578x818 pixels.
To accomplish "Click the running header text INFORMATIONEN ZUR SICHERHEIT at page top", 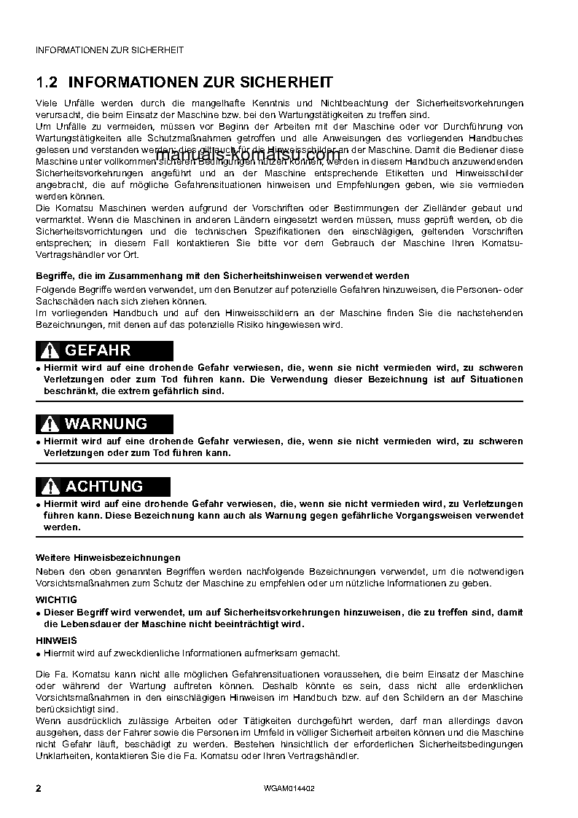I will tap(109, 50).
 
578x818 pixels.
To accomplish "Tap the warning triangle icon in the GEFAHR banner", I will tap(50, 351).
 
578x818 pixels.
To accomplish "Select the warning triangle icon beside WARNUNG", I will tap(50, 425).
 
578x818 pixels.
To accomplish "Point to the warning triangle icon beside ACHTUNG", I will tap(50, 487).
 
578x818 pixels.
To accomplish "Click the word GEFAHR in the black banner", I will tap(98, 351).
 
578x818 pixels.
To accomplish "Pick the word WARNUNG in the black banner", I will tap(106, 424).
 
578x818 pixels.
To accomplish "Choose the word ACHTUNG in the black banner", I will tap(104, 487).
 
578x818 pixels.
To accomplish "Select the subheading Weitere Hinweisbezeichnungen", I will tap(108, 557).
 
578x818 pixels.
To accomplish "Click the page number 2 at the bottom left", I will tap(39, 788).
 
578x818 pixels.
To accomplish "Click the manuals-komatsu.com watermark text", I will tap(248, 155).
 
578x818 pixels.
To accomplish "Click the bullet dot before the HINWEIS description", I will tap(39, 654).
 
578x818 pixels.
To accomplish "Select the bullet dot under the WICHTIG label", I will tap(39, 613).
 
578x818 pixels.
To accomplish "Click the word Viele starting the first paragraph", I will tap(46, 103).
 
